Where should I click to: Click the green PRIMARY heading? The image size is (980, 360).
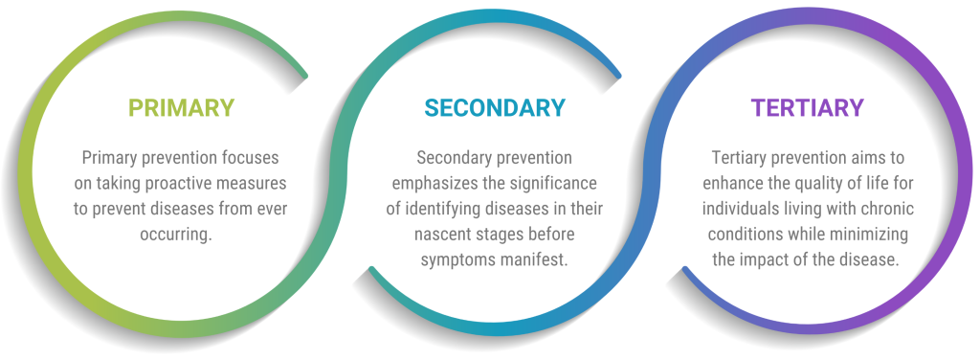click(x=181, y=108)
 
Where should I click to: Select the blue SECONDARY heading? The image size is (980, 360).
click(x=495, y=108)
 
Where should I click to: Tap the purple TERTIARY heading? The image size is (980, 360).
click(x=808, y=108)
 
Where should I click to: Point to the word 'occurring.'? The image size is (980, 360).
click(x=181, y=234)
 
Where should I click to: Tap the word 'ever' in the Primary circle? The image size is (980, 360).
click(x=271, y=209)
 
